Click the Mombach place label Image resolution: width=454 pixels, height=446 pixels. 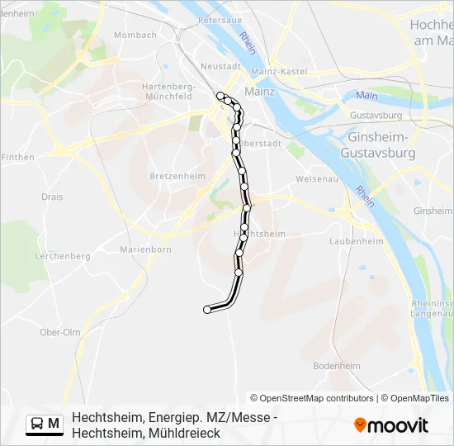pos(135,35)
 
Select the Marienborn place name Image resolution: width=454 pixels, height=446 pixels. pos(145,249)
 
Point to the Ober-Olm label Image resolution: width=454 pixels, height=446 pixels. pos(60,332)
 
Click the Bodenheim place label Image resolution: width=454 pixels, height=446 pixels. pos(337,365)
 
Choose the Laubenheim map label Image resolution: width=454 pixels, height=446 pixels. pos(357,241)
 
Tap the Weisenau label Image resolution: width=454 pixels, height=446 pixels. pos(314,178)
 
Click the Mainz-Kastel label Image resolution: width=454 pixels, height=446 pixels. pos(283,73)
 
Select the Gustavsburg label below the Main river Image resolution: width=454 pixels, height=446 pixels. pos(376,116)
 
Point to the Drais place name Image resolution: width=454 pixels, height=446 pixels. pos(52,197)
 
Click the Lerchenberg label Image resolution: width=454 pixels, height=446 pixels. pos(63,256)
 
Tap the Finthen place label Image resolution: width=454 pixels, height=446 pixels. pos(17,157)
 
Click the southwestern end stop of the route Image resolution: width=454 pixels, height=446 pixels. pos(207,310)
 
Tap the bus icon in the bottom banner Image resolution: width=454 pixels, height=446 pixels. pos(36,424)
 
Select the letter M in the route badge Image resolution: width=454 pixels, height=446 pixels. pos(54,424)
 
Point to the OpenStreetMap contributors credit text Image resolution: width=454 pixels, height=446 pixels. pos(312,398)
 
